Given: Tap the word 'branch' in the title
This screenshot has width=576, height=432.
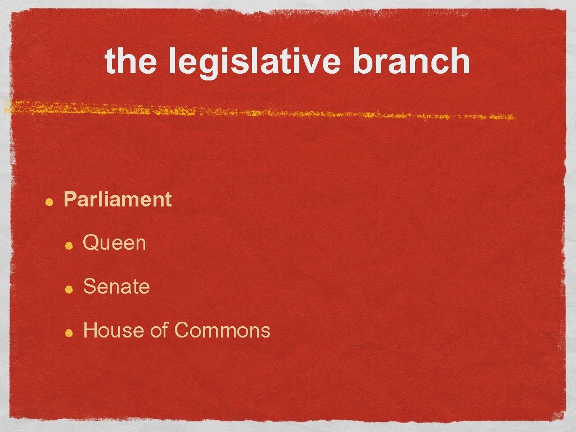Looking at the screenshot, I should point(411,61).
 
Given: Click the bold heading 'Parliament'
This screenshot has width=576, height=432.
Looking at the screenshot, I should point(118,199).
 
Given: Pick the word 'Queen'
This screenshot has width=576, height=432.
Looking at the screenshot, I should point(114,243).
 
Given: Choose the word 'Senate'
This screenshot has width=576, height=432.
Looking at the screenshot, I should point(116,286).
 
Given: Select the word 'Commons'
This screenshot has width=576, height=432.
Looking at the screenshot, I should point(222,330).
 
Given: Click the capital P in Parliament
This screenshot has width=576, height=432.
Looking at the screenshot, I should point(70,199).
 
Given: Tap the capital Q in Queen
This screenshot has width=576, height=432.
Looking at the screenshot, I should point(91,243).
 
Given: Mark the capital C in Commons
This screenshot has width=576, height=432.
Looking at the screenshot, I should point(182,330).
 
